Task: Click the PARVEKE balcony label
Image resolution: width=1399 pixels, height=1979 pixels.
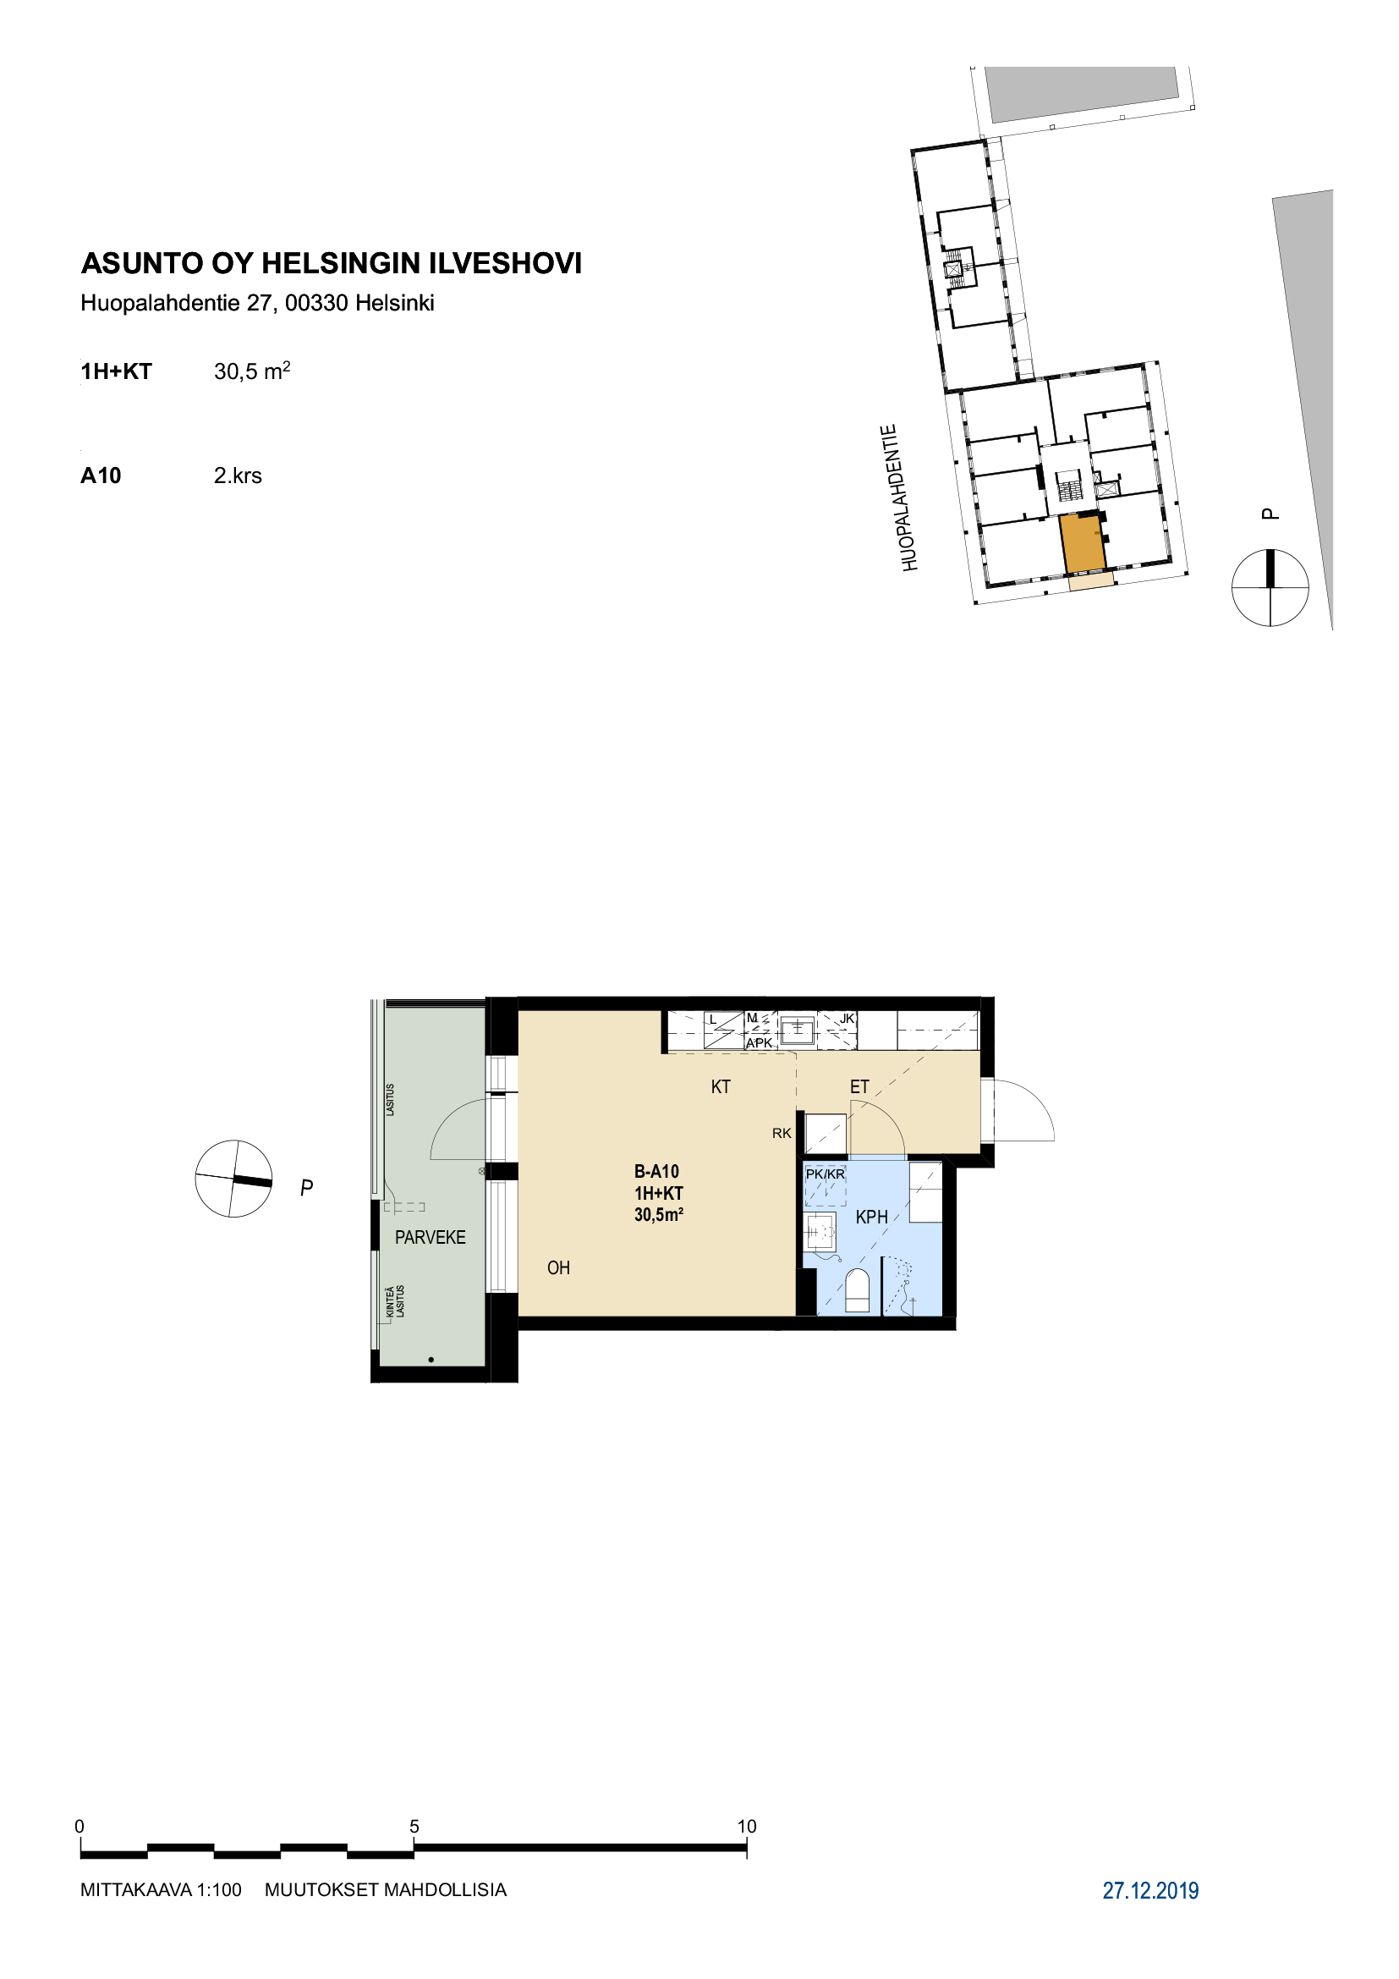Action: point(430,1238)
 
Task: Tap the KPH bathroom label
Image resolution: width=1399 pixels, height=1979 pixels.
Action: point(871,1217)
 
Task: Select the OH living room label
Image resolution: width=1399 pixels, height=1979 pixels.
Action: point(558,1268)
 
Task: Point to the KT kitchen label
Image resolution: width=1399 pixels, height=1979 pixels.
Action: point(720,1087)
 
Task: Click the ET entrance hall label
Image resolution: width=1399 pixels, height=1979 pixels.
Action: point(859,1087)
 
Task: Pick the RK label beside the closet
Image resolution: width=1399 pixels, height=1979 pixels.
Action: point(782,1134)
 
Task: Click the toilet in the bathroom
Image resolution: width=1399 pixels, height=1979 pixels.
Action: point(858,1291)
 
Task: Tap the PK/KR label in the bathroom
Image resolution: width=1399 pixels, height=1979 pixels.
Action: point(826,1174)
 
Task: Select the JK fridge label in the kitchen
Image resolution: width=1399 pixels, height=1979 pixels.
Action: point(847,1019)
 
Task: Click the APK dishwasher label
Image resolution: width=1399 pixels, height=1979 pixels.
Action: point(759,1043)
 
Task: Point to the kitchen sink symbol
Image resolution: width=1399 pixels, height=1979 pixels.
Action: point(798,1027)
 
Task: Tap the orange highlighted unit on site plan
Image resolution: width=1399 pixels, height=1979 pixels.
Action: point(1083,544)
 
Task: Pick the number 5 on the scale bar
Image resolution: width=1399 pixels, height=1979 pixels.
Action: point(414,1827)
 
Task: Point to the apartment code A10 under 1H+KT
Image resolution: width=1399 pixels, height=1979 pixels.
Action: point(101,476)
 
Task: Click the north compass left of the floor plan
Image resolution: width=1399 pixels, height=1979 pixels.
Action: point(233,1179)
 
